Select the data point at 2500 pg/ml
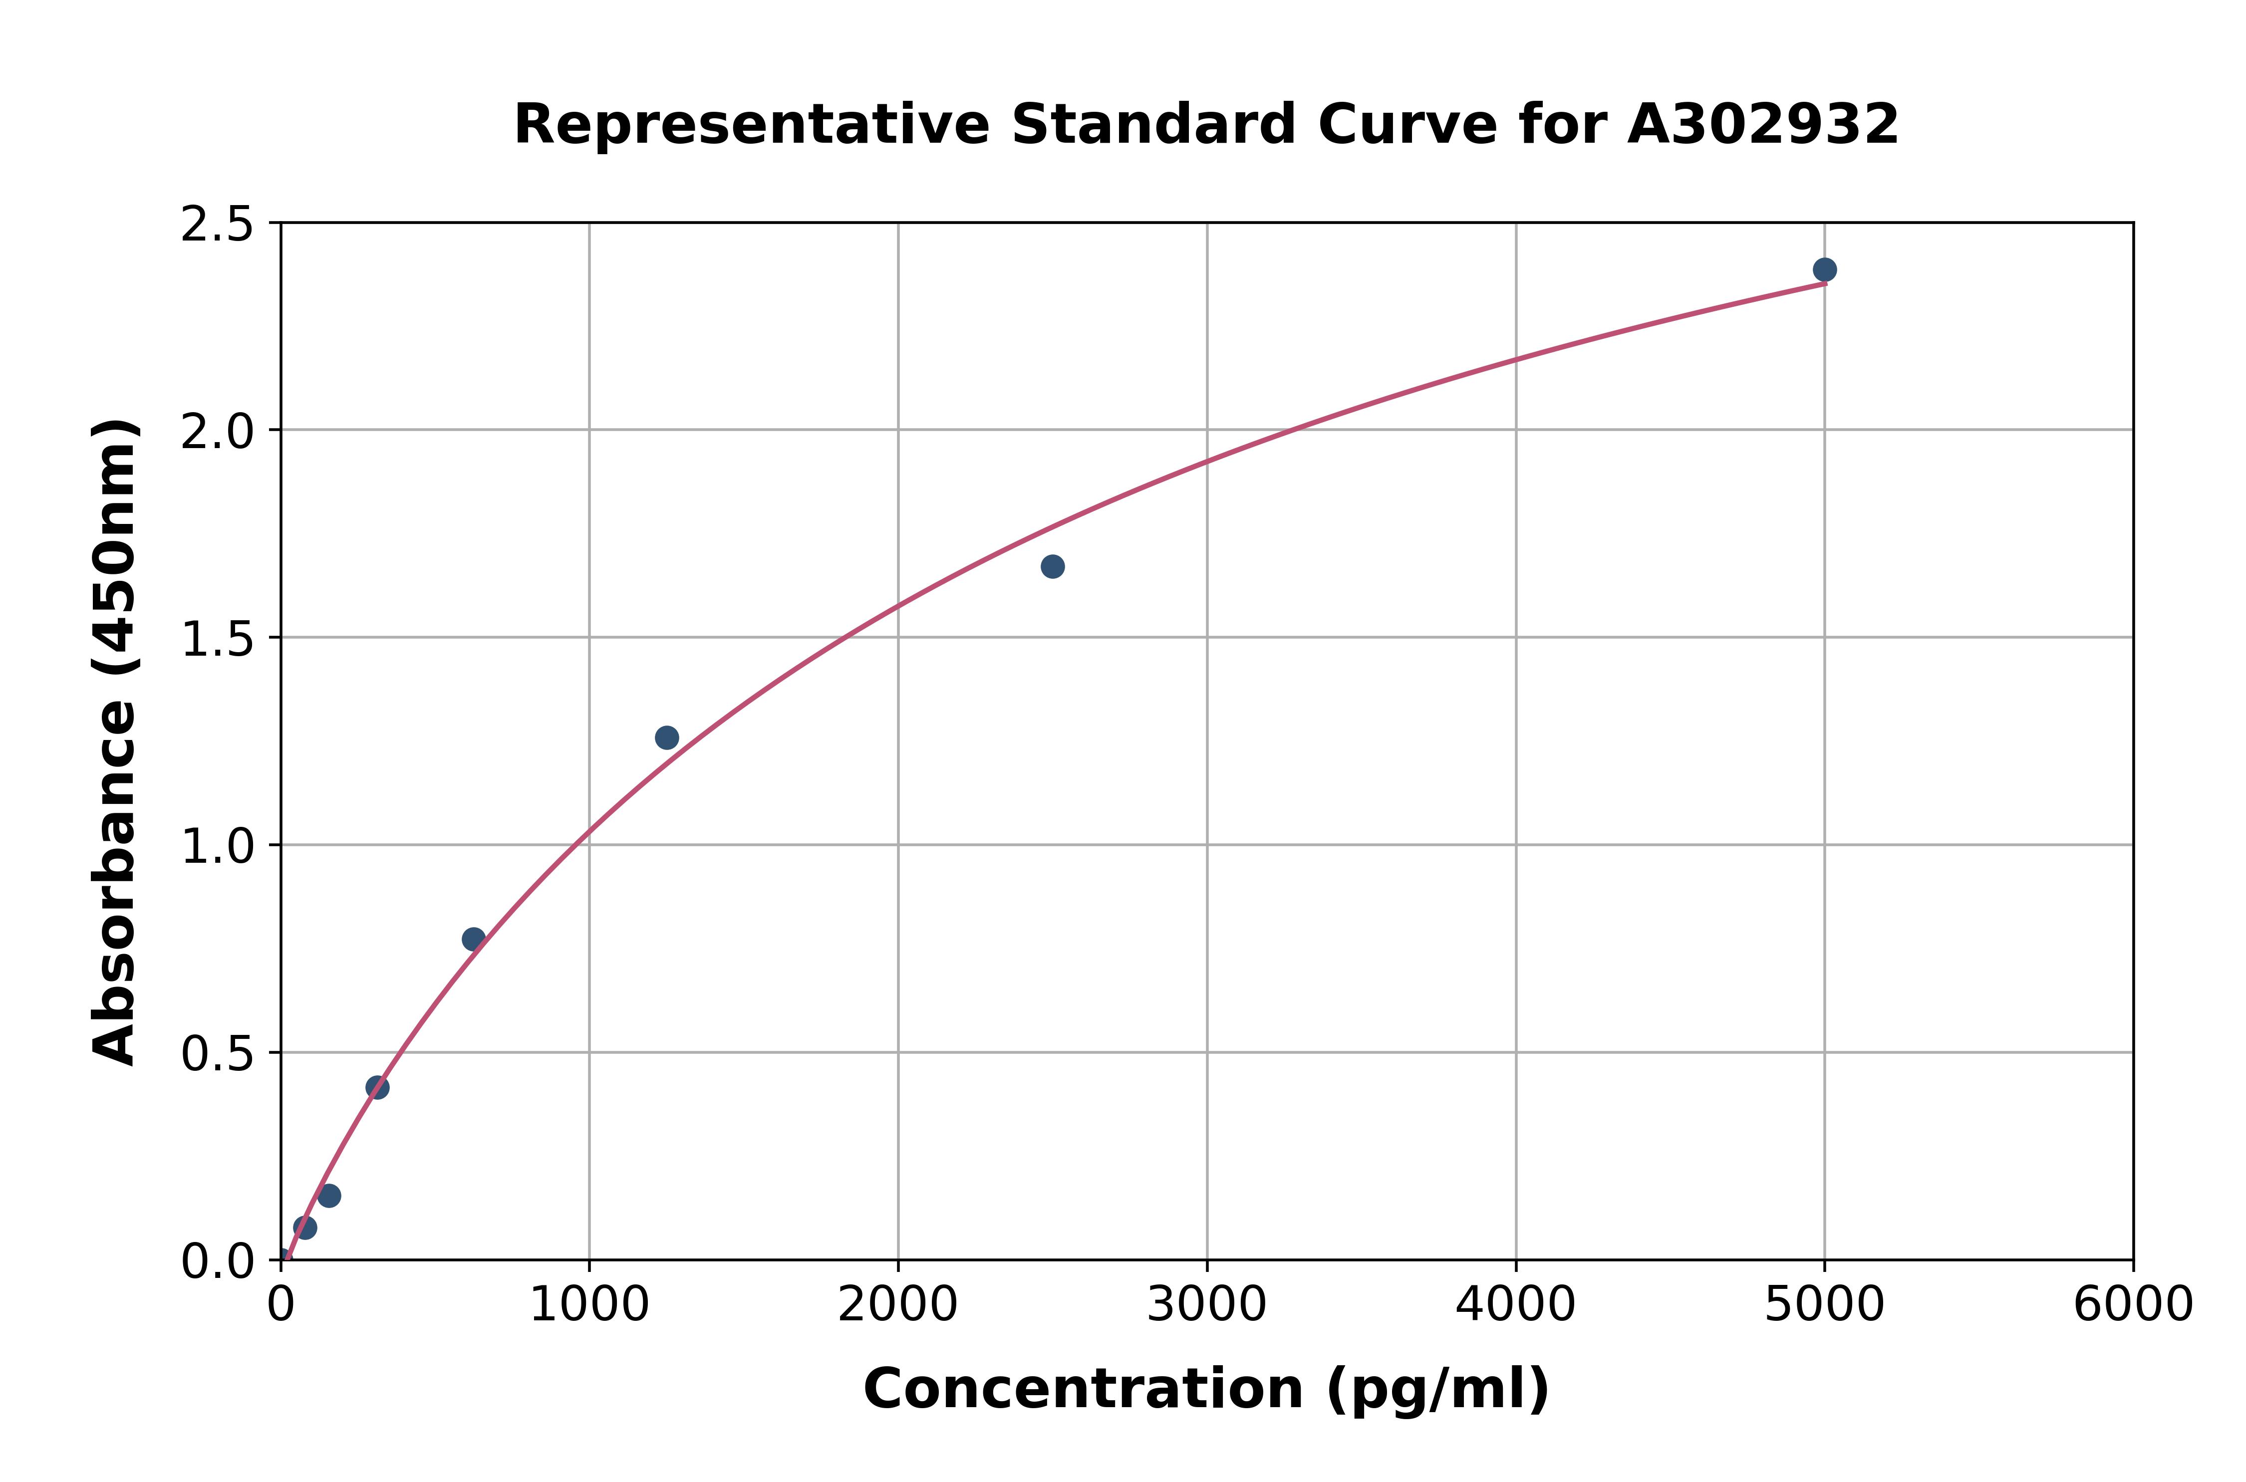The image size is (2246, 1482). point(1052,567)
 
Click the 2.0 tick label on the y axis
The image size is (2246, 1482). point(218,432)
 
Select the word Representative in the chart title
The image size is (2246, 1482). point(752,125)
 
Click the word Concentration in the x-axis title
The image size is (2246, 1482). point(1083,1389)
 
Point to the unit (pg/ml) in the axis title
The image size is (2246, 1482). point(1437,1389)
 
